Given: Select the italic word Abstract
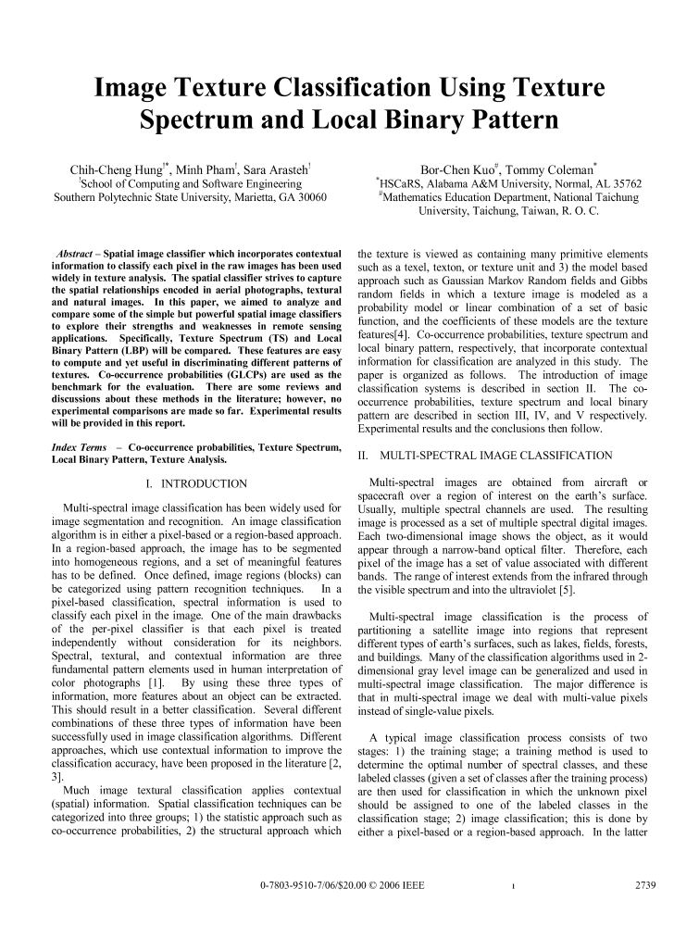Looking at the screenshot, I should (77, 252).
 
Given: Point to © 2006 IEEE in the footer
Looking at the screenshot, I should (393, 886).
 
